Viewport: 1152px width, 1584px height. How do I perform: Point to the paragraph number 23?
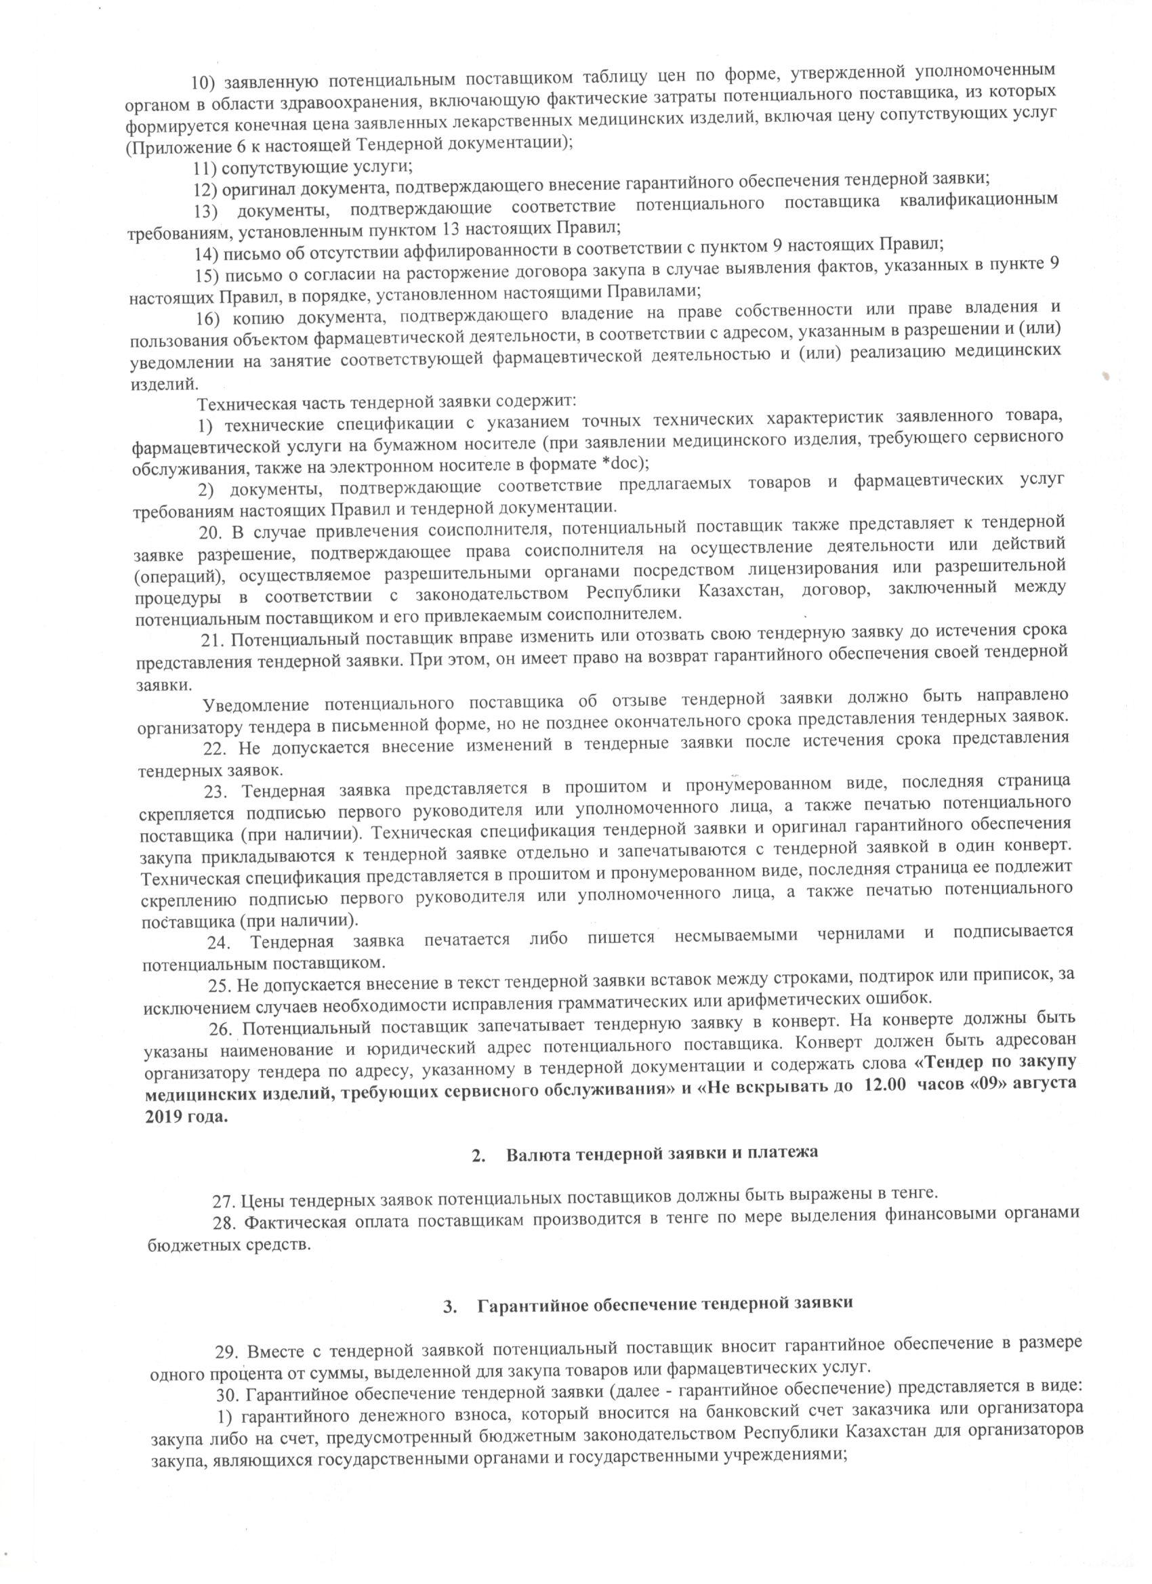click(217, 791)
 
